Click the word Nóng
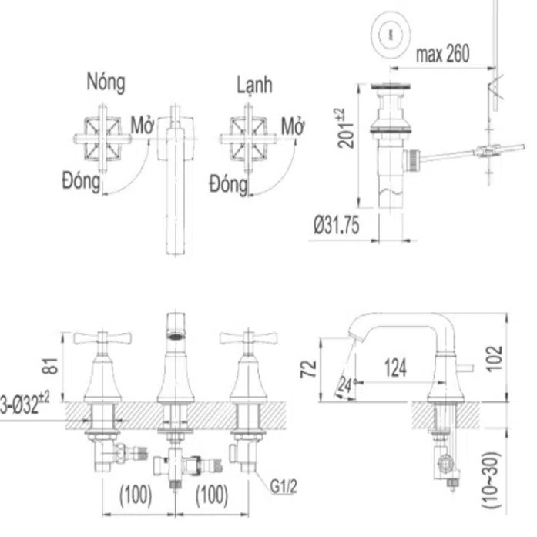tap(106, 82)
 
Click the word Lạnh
tap(255, 85)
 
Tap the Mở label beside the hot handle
tap(142, 126)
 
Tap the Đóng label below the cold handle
tap(228, 185)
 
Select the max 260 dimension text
tap(442, 54)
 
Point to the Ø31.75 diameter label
tap(337, 226)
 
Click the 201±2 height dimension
tap(346, 129)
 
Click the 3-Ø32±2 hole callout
tap(25, 404)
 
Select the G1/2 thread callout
tap(284, 486)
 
